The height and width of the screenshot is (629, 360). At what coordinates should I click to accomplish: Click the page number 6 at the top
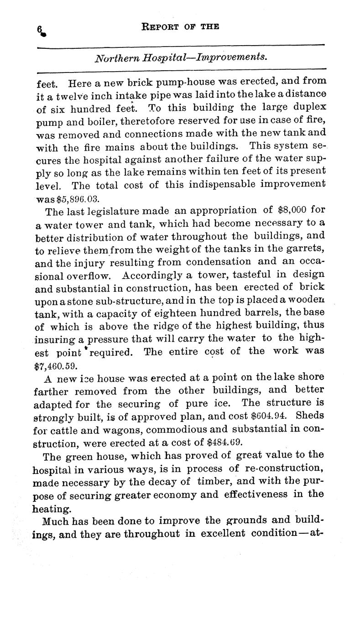[41, 29]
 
